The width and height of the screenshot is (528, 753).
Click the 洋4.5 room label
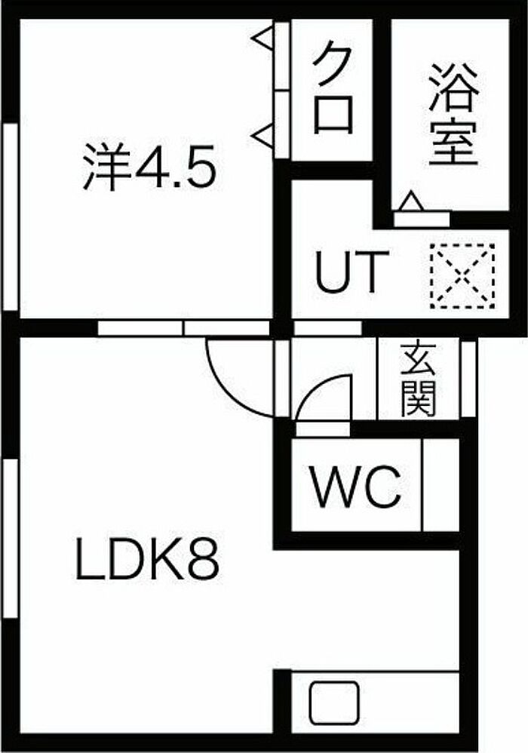click(148, 167)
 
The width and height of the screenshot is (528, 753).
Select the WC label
click(356, 487)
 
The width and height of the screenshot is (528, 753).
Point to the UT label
click(351, 272)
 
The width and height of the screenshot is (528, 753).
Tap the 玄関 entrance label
click(419, 380)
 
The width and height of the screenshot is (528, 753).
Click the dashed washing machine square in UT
click(462, 275)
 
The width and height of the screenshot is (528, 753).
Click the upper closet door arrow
click(264, 38)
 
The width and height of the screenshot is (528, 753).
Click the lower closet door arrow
click(264, 134)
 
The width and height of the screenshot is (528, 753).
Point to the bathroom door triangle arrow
click(411, 201)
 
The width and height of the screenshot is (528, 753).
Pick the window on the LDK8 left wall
click(10, 539)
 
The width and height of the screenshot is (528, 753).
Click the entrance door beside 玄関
click(468, 379)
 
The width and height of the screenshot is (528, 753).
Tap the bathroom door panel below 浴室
click(422, 219)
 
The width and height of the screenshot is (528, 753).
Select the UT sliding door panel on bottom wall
click(327, 328)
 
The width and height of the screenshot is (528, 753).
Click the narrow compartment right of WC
click(441, 485)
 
